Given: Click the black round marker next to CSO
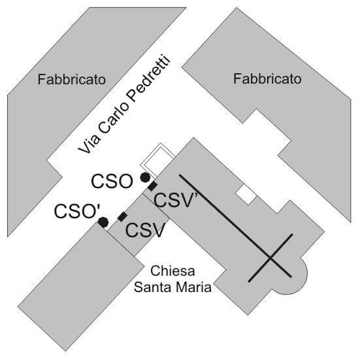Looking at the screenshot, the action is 145,178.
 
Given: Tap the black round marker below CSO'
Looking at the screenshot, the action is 103,222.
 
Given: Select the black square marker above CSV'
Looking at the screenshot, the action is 152,186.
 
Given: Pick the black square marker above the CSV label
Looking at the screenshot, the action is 122,217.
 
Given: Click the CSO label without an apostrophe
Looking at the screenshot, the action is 112,182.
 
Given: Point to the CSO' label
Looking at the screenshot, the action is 77,211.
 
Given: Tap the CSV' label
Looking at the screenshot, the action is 174,200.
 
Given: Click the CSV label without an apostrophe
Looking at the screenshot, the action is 145,231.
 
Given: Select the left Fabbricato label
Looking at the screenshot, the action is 72,80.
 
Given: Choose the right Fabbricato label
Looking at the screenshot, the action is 267,79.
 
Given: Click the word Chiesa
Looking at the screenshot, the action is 172,271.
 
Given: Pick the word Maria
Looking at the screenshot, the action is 192,287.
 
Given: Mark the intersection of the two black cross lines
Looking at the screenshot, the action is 270,258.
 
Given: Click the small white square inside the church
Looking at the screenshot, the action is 246,194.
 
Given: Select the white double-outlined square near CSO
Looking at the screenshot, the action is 157,160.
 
